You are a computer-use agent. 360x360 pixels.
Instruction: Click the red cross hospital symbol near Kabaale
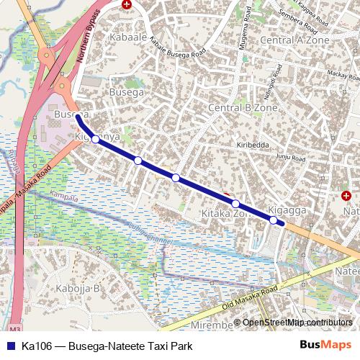click(127, 4)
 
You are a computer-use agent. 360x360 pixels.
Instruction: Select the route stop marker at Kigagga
click(274, 220)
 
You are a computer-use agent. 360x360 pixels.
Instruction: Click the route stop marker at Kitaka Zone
click(235, 204)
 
